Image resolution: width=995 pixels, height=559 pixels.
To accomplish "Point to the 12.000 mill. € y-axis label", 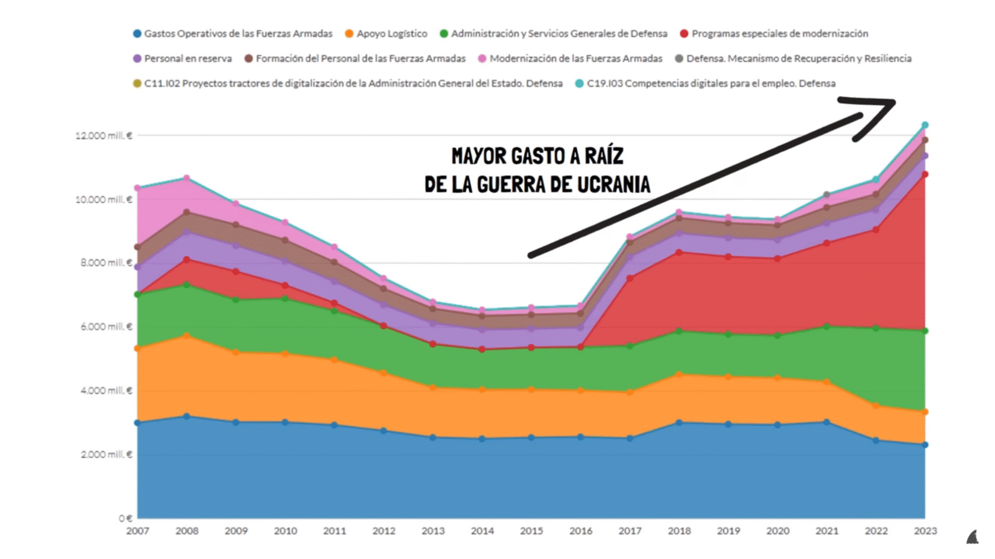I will click(104, 136).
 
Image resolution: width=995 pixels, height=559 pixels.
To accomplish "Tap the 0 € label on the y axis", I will click(125, 518).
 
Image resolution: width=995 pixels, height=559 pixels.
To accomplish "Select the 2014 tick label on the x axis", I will click(482, 531).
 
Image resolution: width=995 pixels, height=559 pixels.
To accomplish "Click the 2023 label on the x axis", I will click(925, 531).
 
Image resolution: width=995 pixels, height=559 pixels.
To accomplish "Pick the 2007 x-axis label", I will click(137, 531).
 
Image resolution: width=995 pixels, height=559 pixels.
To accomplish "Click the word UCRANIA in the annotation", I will click(614, 185).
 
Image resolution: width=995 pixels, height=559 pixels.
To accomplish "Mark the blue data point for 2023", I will click(925, 445).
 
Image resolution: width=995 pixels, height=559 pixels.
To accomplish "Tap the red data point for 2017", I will click(630, 278).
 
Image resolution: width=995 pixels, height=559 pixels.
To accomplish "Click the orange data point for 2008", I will click(187, 336).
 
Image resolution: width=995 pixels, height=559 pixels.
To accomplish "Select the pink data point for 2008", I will click(187, 178).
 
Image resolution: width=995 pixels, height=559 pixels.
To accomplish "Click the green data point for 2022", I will click(876, 328).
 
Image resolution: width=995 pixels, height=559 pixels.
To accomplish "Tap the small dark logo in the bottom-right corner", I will click(972, 538).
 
